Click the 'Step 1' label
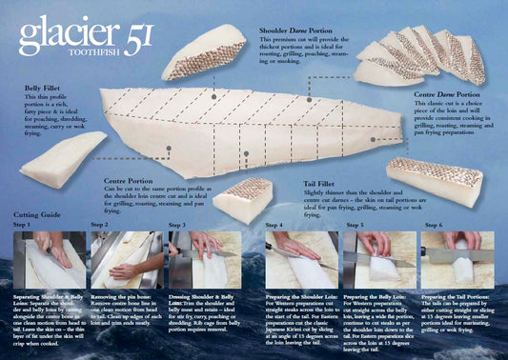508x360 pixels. pos(21,226)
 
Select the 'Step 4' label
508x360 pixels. pos(275,226)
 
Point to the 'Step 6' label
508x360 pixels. pos(433,226)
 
